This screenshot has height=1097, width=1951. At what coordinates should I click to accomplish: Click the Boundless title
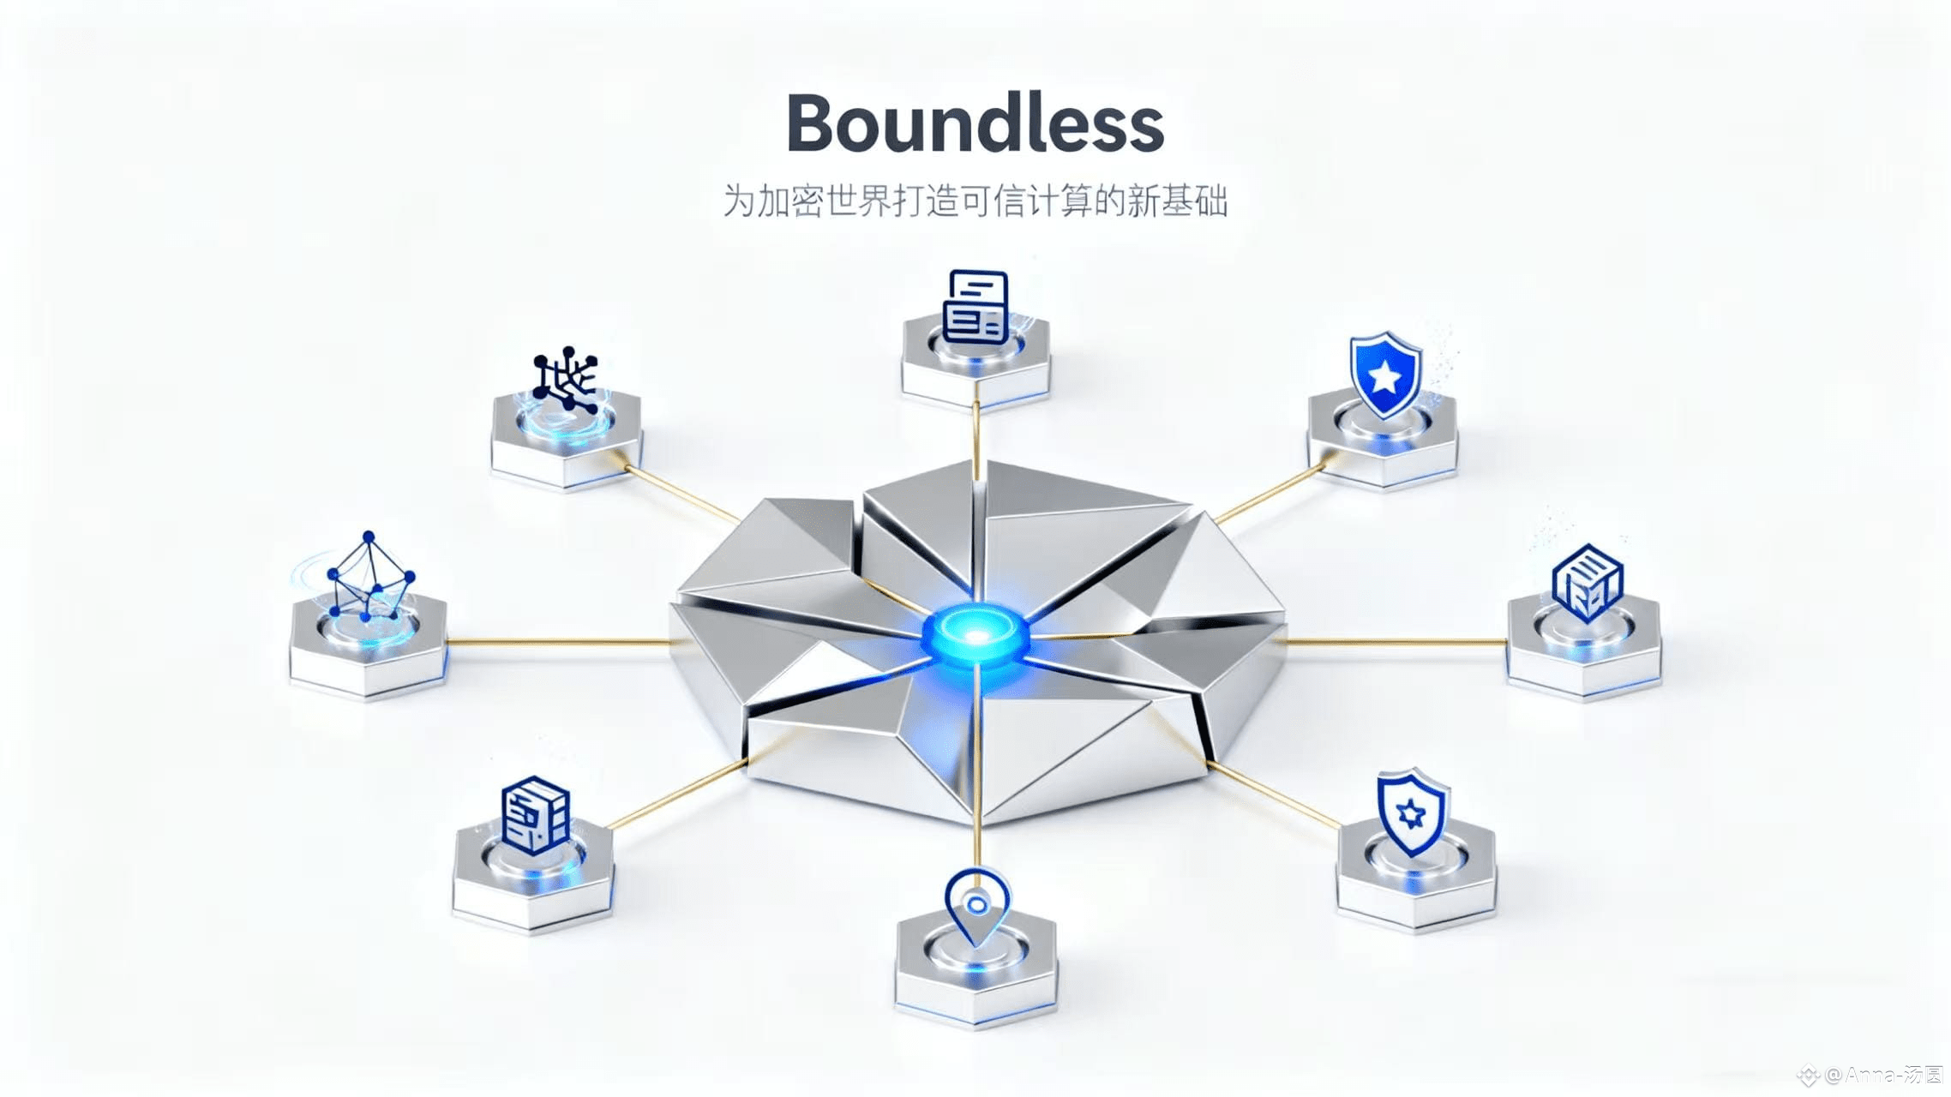point(975,125)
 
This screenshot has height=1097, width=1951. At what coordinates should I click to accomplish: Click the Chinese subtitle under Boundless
point(975,201)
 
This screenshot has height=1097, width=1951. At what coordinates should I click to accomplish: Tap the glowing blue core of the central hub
point(975,635)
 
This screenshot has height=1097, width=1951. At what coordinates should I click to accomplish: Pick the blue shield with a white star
point(1384,375)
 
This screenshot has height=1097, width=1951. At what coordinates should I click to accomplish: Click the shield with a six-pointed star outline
point(1410,811)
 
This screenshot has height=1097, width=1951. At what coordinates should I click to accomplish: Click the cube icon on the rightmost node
point(1587,582)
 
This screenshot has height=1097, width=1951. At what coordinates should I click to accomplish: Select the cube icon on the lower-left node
point(535,815)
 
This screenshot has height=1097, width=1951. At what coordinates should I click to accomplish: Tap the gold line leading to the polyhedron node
point(557,641)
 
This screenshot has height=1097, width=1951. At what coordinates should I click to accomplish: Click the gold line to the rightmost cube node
point(1397,641)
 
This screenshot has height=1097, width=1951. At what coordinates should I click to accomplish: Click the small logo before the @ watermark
point(1809,1075)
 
